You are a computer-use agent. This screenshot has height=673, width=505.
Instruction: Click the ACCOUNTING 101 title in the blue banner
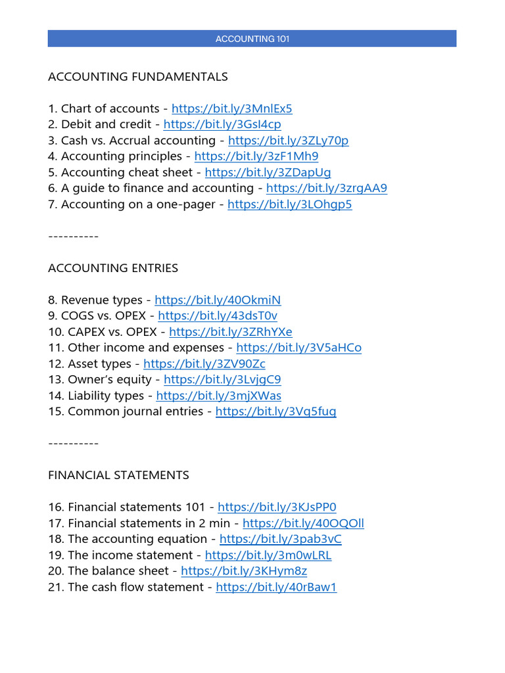(x=252, y=39)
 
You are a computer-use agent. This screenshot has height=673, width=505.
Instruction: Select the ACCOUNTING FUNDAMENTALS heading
(x=138, y=77)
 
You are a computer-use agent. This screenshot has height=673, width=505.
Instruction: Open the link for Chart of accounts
(x=231, y=109)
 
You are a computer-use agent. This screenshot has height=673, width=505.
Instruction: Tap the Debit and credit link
(x=222, y=125)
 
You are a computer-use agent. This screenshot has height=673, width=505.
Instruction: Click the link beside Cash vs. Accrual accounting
(x=288, y=141)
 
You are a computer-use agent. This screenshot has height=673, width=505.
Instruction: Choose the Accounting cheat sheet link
(x=268, y=173)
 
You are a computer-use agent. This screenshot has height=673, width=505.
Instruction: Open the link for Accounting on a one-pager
(x=289, y=204)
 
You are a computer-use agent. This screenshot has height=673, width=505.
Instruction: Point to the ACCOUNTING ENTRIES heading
(x=113, y=268)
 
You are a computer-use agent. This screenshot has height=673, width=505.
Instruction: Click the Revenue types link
(x=218, y=300)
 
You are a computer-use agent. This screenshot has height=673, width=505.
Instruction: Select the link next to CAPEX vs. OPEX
(x=231, y=332)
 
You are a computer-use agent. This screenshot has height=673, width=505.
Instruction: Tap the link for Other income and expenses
(x=299, y=348)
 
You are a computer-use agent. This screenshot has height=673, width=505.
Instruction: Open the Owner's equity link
(x=222, y=380)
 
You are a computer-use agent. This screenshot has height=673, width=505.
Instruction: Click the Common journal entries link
(x=276, y=411)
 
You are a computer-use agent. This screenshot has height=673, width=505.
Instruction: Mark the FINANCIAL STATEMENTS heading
(x=118, y=475)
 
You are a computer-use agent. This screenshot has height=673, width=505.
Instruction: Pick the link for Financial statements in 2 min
(x=303, y=524)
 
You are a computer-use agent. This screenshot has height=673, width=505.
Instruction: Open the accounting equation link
(x=281, y=540)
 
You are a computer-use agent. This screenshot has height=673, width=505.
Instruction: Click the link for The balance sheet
(x=244, y=571)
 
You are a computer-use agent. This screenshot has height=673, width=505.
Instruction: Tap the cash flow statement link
(x=276, y=588)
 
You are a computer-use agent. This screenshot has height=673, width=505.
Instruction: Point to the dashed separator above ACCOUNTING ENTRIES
(x=73, y=237)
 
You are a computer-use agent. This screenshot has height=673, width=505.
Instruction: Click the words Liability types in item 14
(x=105, y=396)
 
